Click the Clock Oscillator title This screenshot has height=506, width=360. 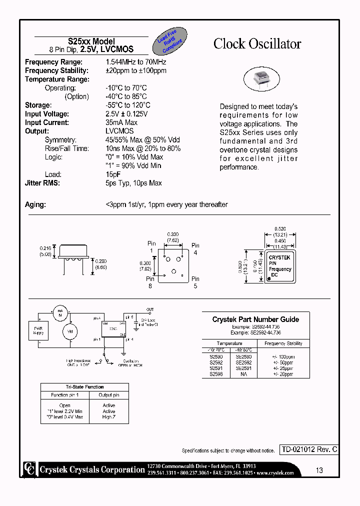(257, 44)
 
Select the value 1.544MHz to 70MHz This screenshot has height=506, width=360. (136, 62)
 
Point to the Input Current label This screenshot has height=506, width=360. (47, 122)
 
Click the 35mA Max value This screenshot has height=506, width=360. (121, 122)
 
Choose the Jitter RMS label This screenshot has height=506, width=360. (42, 183)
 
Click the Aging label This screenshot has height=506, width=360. (35, 204)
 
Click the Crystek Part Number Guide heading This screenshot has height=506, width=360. (255, 319)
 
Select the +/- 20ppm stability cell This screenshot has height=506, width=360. (283, 373)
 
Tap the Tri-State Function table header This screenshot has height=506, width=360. (84, 387)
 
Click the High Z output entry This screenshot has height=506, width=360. (108, 417)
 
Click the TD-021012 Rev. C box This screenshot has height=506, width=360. (308, 449)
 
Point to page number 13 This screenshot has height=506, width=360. (319, 470)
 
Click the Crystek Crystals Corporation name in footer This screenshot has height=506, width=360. (92, 469)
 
